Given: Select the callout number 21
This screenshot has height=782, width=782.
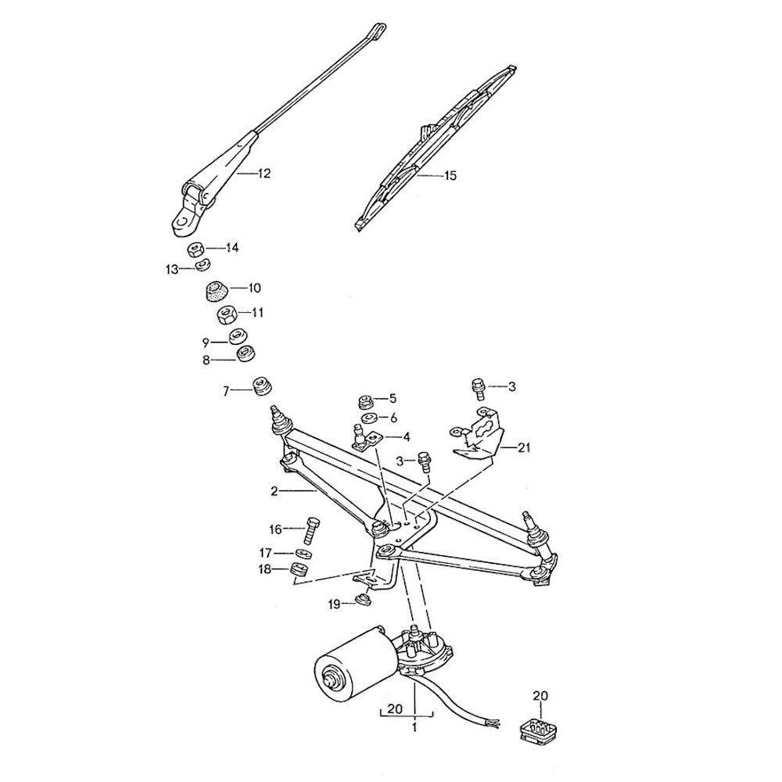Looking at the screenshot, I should click(x=523, y=447).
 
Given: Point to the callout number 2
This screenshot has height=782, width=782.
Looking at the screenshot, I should click(x=274, y=492).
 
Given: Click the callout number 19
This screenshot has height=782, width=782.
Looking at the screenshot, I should click(x=334, y=604).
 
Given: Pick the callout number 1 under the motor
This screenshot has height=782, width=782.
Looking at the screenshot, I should click(x=414, y=726).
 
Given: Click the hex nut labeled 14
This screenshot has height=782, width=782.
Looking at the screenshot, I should click(x=196, y=249).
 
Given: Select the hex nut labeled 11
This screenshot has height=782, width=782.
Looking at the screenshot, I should click(x=227, y=315).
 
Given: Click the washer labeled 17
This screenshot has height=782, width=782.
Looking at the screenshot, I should click(x=304, y=554).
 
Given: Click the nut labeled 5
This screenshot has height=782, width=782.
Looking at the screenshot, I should click(x=364, y=401).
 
